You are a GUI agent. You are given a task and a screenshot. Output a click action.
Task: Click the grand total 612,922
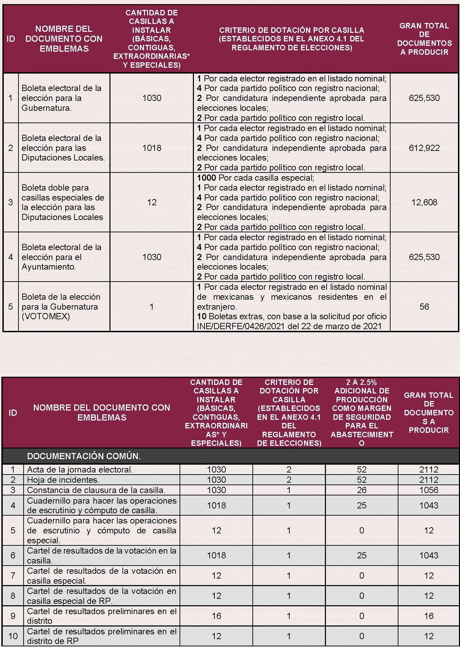pyautogui.click(x=424, y=148)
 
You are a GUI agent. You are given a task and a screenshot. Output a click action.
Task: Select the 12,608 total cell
pyautogui.click(x=424, y=202)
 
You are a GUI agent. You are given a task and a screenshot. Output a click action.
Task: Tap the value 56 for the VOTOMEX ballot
pyautogui.click(x=424, y=307)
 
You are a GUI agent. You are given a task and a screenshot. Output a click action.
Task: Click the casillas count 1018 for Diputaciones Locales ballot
pyautogui.click(x=152, y=148)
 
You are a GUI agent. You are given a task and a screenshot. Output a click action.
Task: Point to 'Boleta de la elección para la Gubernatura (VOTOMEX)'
pyautogui.click(x=61, y=307)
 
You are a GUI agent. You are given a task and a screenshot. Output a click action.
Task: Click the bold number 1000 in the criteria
pyautogui.click(x=207, y=178)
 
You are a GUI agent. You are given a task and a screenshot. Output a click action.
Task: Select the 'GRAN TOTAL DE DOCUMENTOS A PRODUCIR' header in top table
pyautogui.click(x=424, y=39)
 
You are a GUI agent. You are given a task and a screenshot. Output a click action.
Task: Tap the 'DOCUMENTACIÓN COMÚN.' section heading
pyautogui.click(x=84, y=456)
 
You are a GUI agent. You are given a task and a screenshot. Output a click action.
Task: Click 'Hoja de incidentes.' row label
pyautogui.click(x=63, y=480)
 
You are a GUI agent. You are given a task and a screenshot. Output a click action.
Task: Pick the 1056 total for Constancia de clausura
pyautogui.click(x=429, y=490)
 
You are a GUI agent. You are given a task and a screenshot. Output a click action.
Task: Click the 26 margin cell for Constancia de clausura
pyautogui.click(x=362, y=490)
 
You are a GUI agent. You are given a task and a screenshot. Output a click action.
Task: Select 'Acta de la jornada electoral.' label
pyautogui.click(x=79, y=469)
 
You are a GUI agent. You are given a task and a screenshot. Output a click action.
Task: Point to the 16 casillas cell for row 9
pyautogui.click(x=216, y=616)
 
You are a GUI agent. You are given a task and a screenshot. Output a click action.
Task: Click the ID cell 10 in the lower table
pyautogui.click(x=13, y=636)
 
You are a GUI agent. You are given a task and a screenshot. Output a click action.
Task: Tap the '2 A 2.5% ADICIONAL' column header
pyautogui.click(x=362, y=412)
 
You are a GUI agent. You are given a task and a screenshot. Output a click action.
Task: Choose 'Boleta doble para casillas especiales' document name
pyautogui.click(x=63, y=202)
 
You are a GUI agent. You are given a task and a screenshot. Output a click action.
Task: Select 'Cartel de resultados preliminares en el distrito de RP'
pyautogui.click(x=102, y=636)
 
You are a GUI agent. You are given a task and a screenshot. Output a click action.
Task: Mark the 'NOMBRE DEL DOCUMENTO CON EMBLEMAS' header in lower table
pyautogui.click(x=102, y=412)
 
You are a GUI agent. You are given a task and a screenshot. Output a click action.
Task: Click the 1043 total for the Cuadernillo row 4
pyautogui.click(x=429, y=505)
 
